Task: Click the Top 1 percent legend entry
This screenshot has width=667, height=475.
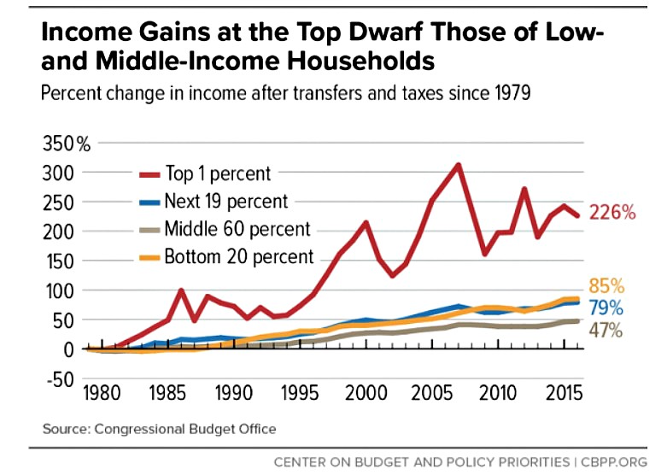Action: click(x=217, y=173)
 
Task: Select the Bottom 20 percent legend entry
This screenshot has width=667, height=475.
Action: click(x=239, y=256)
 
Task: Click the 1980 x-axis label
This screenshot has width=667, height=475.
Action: click(x=103, y=398)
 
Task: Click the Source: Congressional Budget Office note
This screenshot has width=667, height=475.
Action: click(x=157, y=428)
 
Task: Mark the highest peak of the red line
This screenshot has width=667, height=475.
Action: click(x=459, y=165)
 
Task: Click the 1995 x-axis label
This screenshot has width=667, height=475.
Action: click(x=301, y=398)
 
